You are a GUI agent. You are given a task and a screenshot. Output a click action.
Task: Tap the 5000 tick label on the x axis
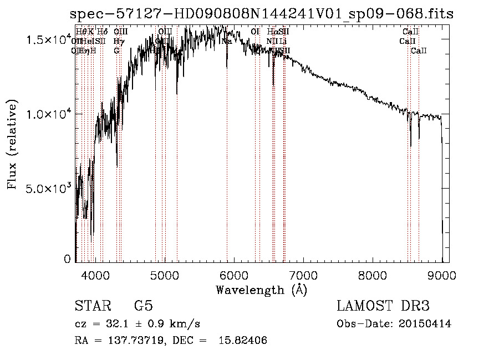[x=165, y=275]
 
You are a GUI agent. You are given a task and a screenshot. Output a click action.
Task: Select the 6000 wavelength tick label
[x=234, y=275]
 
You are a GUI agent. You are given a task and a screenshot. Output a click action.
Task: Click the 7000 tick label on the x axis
[x=303, y=275]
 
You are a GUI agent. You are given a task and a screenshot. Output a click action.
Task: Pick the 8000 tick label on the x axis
[x=373, y=275]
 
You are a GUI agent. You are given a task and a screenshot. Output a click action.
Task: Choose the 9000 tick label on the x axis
[x=442, y=275]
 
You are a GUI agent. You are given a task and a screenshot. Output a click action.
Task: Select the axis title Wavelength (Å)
[x=261, y=290]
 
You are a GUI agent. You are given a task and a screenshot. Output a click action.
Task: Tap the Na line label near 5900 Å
[x=227, y=41]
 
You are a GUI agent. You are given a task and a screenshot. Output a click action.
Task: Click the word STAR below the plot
[x=90, y=306]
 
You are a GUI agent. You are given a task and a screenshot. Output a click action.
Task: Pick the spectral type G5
[x=143, y=306]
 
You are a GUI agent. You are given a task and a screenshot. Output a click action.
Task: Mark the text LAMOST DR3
[x=383, y=306]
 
